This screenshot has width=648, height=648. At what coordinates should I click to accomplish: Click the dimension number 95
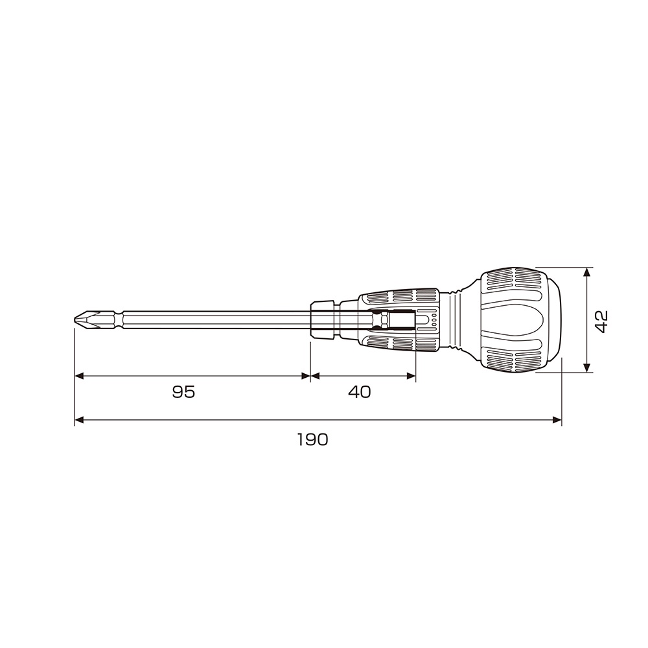[183, 391]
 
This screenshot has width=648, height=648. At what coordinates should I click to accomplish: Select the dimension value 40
[360, 391]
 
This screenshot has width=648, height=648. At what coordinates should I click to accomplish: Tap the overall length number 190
[313, 439]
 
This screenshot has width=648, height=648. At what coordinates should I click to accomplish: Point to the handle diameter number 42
[602, 321]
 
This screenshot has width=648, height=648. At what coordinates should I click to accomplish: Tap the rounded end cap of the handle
[551, 320]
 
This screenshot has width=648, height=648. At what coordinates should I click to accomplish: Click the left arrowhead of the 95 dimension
[79, 376]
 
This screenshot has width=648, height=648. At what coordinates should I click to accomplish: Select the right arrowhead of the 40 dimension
[411, 376]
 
